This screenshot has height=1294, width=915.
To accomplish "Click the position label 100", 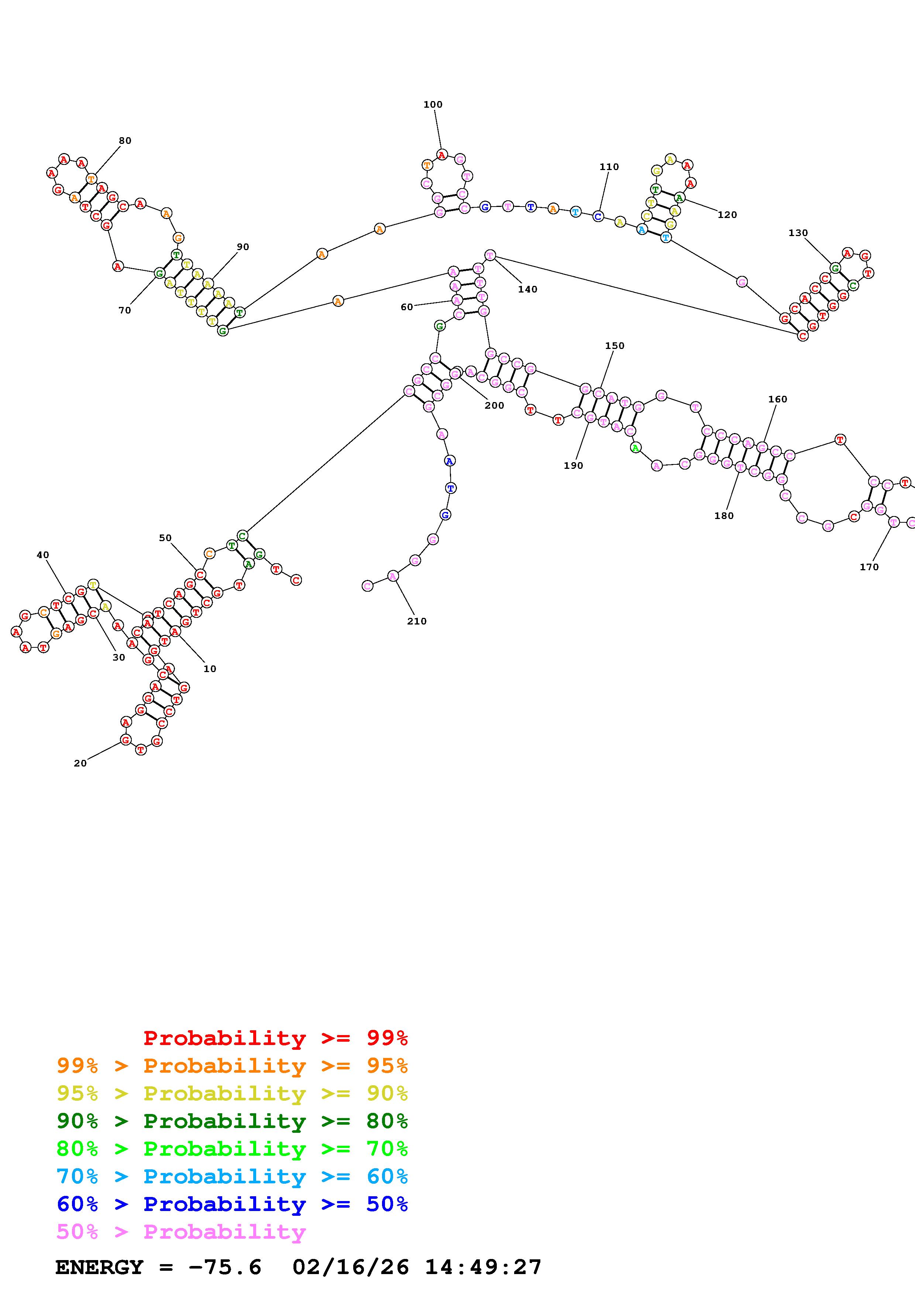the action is [433, 104].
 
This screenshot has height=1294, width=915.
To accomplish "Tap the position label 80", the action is [125, 140].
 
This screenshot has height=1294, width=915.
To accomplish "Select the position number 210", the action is [417, 621].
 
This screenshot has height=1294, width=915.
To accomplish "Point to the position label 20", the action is [80, 763].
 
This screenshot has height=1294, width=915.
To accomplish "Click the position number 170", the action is [869, 567].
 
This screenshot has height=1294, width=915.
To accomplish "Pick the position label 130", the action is [798, 233].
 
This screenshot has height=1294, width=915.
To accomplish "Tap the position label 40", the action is [43, 554].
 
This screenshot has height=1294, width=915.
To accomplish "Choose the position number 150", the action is [615, 346].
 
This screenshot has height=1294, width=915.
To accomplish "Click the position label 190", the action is [573, 466].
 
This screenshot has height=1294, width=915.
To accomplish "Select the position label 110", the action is [609, 167].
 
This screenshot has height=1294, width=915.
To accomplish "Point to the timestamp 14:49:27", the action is [483, 1267].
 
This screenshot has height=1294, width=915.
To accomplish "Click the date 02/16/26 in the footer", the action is [351, 1267].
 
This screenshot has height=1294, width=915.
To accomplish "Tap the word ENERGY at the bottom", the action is [99, 1267].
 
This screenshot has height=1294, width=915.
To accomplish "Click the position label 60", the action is [406, 307].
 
